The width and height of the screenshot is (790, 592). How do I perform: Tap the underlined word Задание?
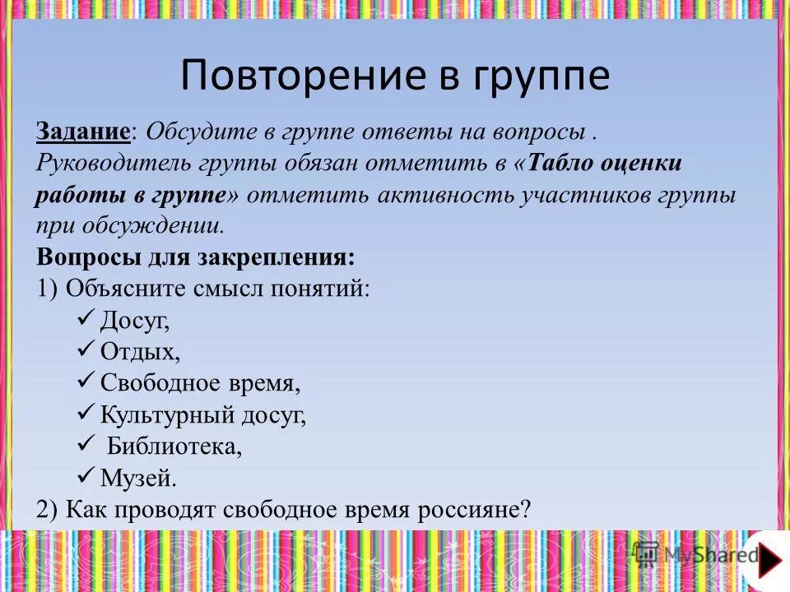click(x=82, y=132)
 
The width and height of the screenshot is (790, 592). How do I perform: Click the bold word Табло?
click(x=559, y=163)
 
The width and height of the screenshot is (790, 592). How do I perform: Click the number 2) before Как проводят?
click(x=47, y=508)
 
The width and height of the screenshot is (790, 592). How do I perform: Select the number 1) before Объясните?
click(x=47, y=288)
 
